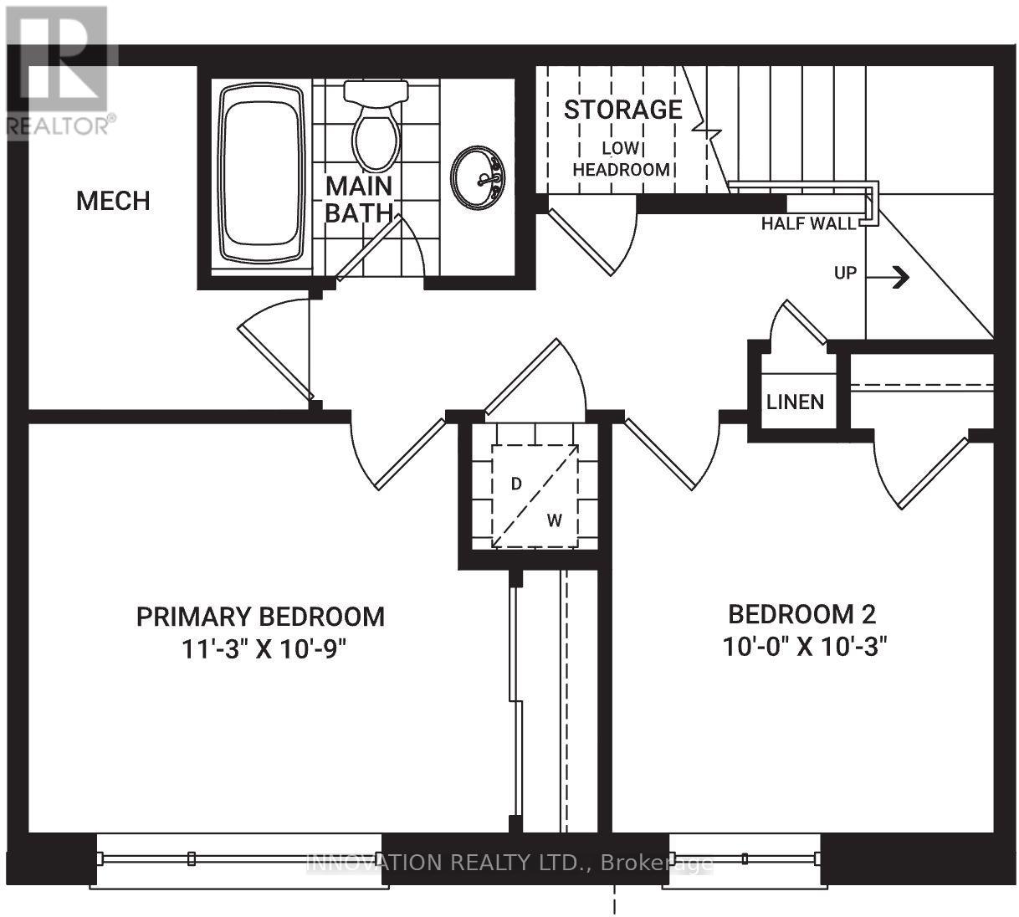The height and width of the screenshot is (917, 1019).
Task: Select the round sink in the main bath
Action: click(479, 177)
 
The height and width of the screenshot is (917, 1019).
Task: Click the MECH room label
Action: click(113, 201)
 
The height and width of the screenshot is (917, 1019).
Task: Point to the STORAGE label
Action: click(622, 110)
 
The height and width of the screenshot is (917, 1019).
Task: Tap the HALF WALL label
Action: click(808, 223)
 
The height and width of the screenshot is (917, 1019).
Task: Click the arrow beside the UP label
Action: click(899, 277)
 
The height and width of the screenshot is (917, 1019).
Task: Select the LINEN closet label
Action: click(795, 402)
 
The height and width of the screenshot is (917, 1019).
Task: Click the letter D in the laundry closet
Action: click(516, 484)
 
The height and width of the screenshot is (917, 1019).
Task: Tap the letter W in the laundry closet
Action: click(554, 520)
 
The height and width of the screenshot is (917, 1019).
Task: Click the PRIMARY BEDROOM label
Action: click(260, 617)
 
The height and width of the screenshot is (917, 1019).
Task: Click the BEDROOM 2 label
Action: click(801, 614)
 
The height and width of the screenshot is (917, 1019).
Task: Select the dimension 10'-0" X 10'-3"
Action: click(803, 646)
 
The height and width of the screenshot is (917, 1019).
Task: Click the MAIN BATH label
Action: click(358, 199)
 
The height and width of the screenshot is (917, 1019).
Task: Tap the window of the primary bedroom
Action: click(238, 858)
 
